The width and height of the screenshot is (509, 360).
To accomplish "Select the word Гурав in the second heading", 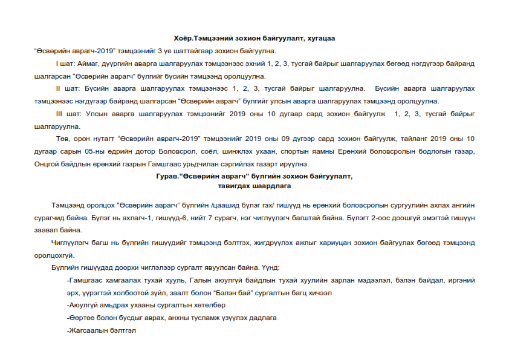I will click(x=166, y=177).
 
